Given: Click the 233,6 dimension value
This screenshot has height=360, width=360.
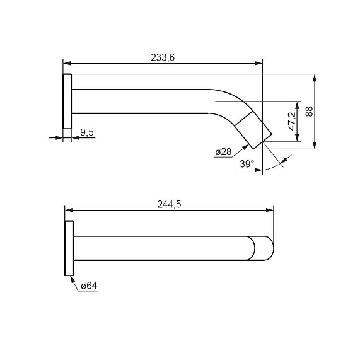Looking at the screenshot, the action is (163, 57).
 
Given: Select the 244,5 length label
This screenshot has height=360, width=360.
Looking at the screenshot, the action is (169, 204).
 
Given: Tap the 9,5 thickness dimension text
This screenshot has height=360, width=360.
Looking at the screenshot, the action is (87, 132).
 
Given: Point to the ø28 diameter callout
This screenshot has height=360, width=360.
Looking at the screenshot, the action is (223, 152).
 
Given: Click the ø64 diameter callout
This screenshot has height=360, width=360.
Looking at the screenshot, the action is (89, 286).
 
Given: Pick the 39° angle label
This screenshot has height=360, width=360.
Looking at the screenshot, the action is (247, 164).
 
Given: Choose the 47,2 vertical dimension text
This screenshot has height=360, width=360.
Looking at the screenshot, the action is (293, 122).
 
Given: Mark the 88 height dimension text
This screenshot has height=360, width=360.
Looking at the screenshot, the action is (310, 112).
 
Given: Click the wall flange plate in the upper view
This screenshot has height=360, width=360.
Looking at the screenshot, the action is (67, 102).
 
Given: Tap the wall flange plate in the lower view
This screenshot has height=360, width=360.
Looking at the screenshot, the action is (69, 248).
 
